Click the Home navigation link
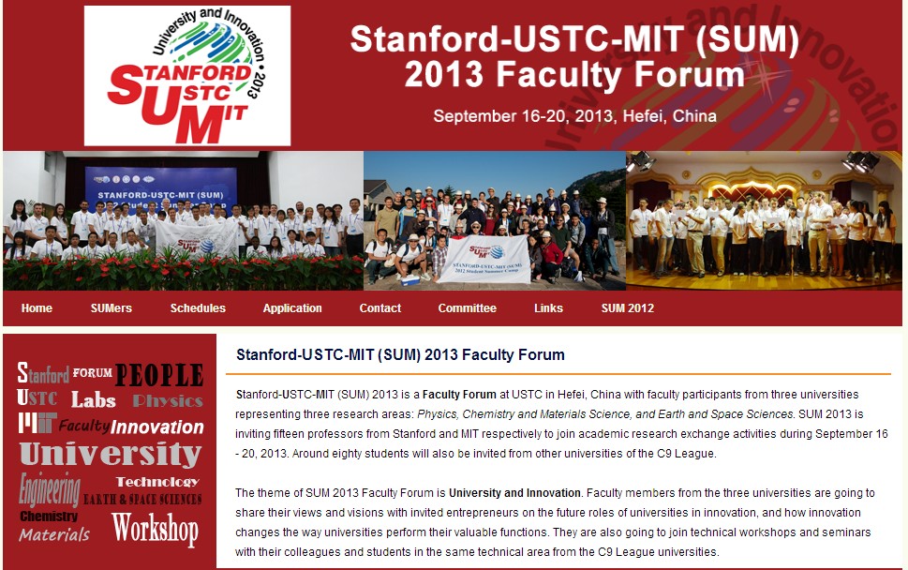pyautogui.click(x=37, y=308)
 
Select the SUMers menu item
pyautogui.click(x=112, y=308)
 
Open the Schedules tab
pyautogui.click(x=198, y=308)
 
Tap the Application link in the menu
pyautogui.click(x=292, y=308)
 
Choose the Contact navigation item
pyautogui.click(x=380, y=308)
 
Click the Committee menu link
pyautogui.click(x=468, y=308)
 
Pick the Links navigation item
pyautogui.click(x=548, y=308)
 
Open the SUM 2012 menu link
pyautogui.click(x=628, y=308)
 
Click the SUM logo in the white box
pyautogui.click(x=187, y=76)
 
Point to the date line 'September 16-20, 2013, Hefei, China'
pyautogui.click(x=575, y=116)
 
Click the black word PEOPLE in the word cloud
pyautogui.click(x=159, y=375)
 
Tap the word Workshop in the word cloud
pyautogui.click(x=156, y=529)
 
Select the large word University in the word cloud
pyautogui.click(x=111, y=454)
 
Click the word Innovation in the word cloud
pyautogui.click(x=156, y=427)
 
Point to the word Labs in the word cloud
pyautogui.click(x=93, y=400)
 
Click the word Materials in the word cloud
pyautogui.click(x=54, y=534)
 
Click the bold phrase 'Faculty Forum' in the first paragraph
pyautogui.click(x=459, y=395)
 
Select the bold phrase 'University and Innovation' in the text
pyautogui.click(x=514, y=493)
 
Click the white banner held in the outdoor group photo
pyautogui.click(x=484, y=259)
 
